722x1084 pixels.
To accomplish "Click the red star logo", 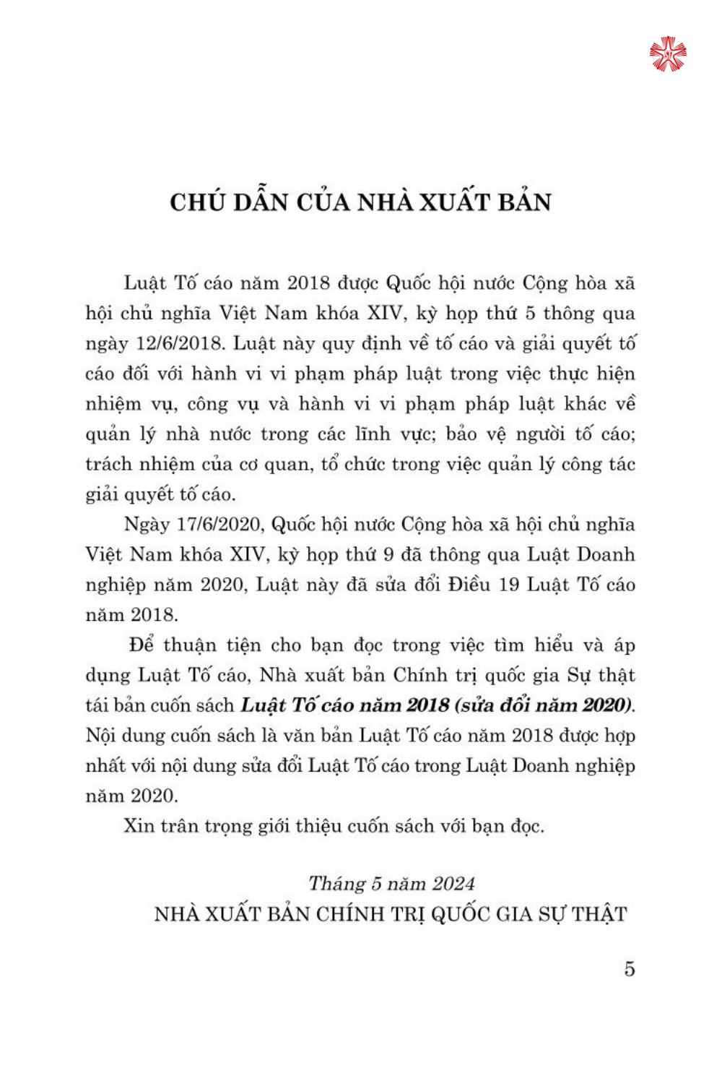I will pos(668,54).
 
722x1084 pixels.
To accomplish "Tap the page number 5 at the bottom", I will pos(630,969).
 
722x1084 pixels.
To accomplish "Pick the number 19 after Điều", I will pos(509,584).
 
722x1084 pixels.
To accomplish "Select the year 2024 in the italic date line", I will pos(453,884).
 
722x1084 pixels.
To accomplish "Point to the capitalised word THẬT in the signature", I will pos(599,914).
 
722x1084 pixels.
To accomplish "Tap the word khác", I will pos(583,403).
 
